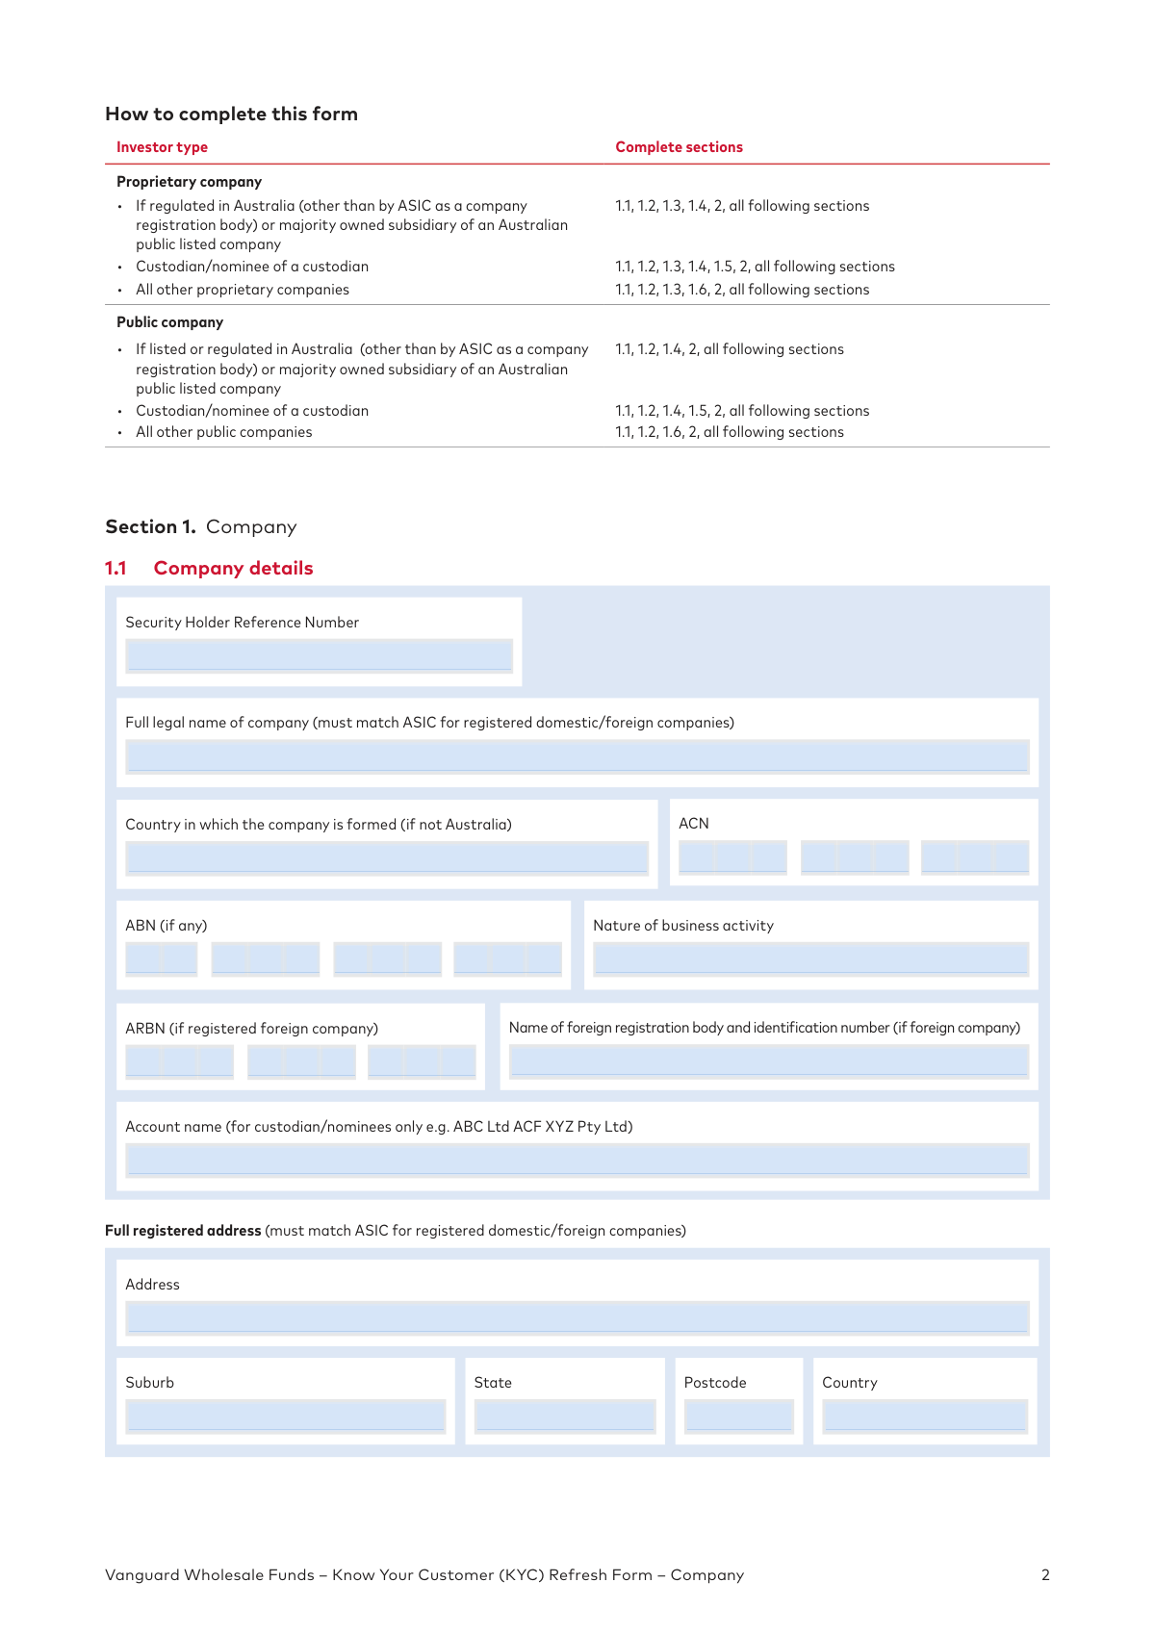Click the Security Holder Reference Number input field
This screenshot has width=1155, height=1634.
(319, 655)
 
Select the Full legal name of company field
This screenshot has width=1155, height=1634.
(577, 756)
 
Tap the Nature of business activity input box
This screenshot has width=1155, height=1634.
(810, 958)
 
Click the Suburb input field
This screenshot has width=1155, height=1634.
(285, 1416)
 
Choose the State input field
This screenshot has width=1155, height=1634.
(564, 1416)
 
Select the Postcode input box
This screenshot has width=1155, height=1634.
(738, 1416)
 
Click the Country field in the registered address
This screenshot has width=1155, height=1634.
(925, 1416)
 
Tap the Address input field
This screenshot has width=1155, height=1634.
(577, 1317)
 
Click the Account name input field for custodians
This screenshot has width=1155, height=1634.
(577, 1160)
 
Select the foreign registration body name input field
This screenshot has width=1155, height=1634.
(768, 1060)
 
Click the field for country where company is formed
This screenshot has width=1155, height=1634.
(387, 857)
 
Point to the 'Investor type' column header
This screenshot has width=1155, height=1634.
(162, 147)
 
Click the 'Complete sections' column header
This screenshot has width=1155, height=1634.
(679, 147)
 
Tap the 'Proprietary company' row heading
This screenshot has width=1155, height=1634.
(189, 182)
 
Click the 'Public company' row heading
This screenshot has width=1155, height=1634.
(169, 322)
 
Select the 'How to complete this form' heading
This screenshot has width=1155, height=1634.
(231, 114)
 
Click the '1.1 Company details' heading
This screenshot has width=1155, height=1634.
(209, 568)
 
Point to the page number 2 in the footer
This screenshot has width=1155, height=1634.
(1045, 1575)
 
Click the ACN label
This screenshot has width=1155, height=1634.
(693, 824)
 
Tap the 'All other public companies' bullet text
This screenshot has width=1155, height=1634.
(223, 432)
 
